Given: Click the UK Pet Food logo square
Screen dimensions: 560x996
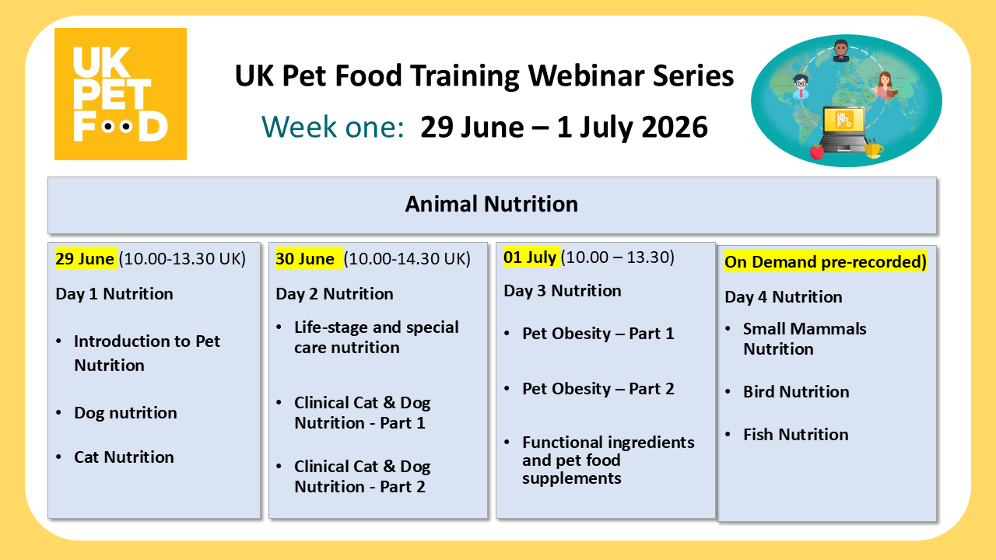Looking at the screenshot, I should coord(121,94).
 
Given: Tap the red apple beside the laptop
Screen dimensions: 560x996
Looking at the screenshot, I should coord(816,151).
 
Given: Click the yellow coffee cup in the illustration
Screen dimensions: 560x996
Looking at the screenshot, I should coord(873,149).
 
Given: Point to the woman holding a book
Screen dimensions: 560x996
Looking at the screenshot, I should coord(883,86).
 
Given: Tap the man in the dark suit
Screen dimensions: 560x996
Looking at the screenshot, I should coord(840,51).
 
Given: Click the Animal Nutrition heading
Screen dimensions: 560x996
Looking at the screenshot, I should coord(492,205).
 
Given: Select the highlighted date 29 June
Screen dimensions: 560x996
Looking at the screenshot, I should coord(86,259).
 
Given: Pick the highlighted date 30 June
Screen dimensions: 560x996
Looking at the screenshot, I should coord(305,259).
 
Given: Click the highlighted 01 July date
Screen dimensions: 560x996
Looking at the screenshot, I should coord(531,257).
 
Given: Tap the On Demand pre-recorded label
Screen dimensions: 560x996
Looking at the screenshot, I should coord(826,262).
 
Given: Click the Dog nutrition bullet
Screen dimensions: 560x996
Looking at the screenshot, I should coord(125,413).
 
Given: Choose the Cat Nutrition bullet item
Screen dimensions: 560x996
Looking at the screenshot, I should coord(124,457).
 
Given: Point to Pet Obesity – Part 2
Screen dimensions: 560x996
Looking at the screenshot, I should coord(598,389).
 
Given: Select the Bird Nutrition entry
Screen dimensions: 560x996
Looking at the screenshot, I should coord(795,392).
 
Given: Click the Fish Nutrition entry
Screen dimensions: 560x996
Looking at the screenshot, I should coord(795,435).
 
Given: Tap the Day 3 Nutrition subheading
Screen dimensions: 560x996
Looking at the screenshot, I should coord(563,291).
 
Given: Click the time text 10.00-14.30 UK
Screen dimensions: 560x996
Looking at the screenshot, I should coord(407,259).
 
